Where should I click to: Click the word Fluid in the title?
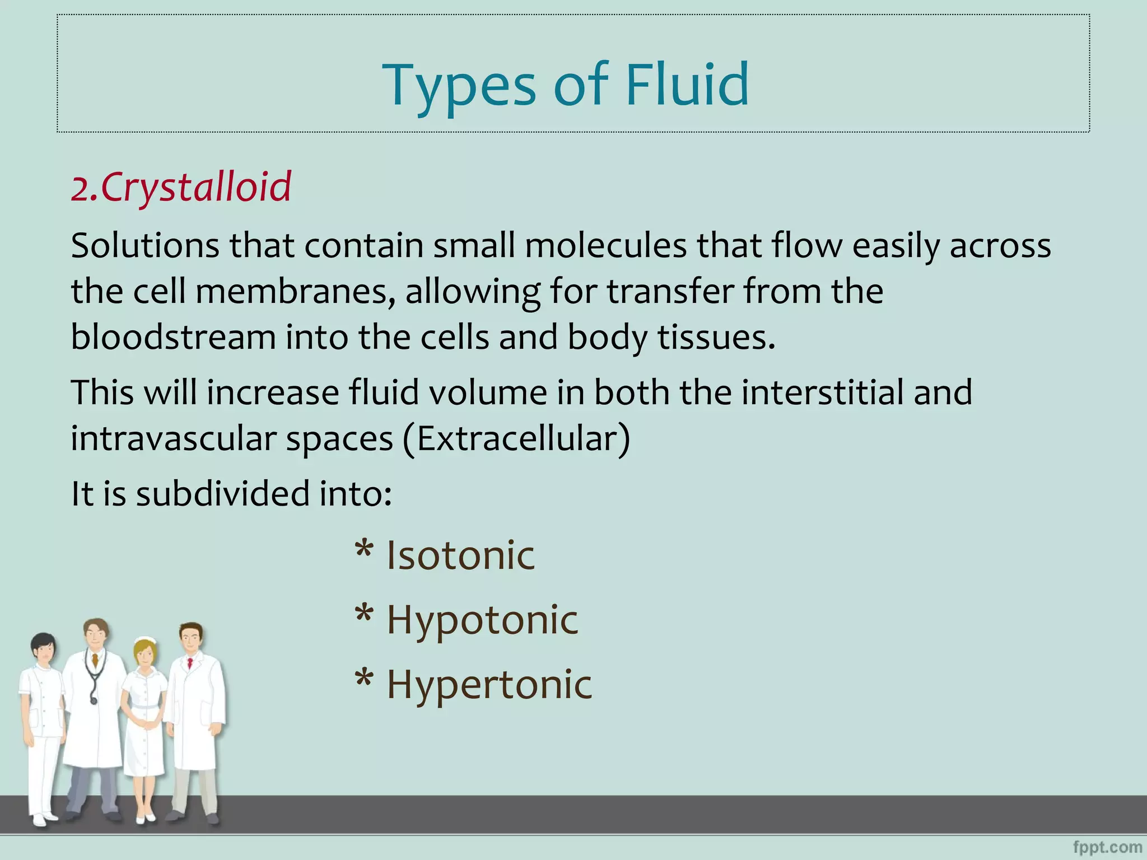tap(686, 85)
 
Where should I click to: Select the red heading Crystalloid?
tap(195, 187)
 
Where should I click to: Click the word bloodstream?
tap(173, 337)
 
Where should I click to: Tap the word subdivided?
tap(222, 494)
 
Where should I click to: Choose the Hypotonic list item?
tap(482, 620)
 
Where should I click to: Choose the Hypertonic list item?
tap(489, 684)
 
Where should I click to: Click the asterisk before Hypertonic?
tap(364, 679)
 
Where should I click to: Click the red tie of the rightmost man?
tap(190, 663)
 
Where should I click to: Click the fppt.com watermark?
tap(1108, 847)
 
